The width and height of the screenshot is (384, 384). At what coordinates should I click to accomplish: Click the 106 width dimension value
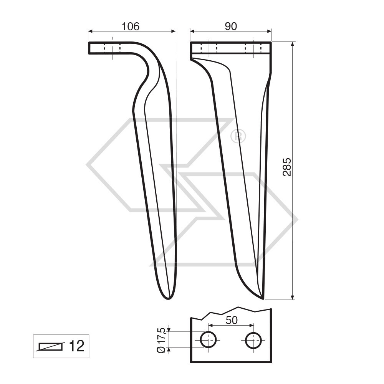coord(130,26)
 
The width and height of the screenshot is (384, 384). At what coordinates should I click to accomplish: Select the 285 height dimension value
coord(287,167)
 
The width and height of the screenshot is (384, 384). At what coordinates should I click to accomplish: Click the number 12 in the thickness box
coord(76,346)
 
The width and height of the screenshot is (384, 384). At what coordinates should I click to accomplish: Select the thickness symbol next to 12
coord(50,347)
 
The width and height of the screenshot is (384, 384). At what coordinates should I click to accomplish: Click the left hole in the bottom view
coord(208,340)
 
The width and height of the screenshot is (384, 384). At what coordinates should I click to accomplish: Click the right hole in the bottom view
coord(253,340)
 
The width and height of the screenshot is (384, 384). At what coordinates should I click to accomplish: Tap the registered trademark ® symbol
coord(238,136)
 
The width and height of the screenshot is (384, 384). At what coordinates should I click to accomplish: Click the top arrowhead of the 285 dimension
coord(293,44)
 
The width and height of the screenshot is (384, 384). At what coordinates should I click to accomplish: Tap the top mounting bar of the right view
coord(230,48)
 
